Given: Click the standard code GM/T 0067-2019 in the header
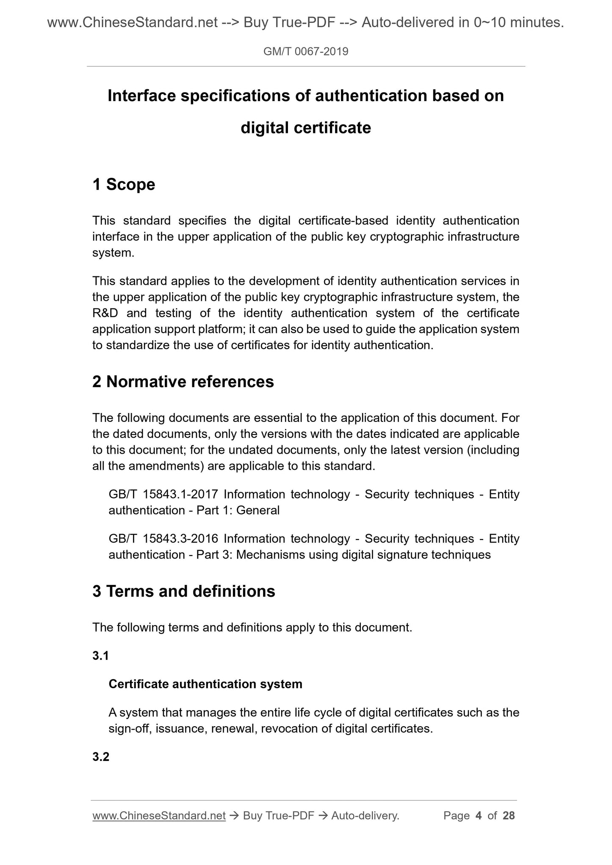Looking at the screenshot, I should click(x=306, y=52).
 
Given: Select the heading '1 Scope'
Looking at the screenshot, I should click(x=124, y=185).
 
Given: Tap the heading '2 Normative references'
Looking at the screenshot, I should click(x=183, y=382).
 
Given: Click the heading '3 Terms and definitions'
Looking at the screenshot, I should click(x=183, y=591).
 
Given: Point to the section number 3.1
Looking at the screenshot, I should click(x=101, y=656).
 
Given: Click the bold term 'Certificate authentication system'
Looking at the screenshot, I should click(x=205, y=684).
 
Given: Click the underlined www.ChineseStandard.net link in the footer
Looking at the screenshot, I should click(x=159, y=815).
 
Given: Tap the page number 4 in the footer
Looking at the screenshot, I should click(x=479, y=815).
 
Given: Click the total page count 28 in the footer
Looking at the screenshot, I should click(x=509, y=815).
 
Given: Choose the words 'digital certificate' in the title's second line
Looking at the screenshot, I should click(x=306, y=128).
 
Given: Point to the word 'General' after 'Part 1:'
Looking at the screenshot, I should click(x=258, y=510).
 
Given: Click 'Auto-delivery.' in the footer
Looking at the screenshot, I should click(x=365, y=815).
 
